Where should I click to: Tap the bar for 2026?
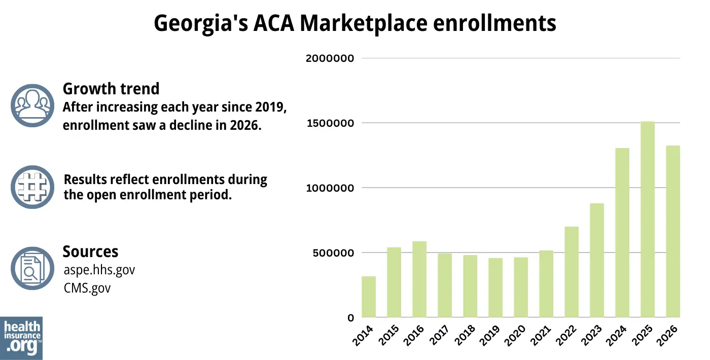pyautogui.click(x=673, y=232)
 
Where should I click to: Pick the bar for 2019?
pyautogui.click(x=495, y=287)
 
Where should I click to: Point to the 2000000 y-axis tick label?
pyautogui.click(x=329, y=58)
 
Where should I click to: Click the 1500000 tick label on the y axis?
pyautogui.click(x=329, y=123)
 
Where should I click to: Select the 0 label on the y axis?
pyautogui.click(x=350, y=318)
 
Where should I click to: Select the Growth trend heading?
pyautogui.click(x=111, y=89)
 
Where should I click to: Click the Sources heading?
pyautogui.click(x=90, y=251)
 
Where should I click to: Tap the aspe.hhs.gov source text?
pyautogui.click(x=99, y=270)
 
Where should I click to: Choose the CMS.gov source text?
pyautogui.click(x=87, y=288)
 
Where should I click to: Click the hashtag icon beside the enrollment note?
pyautogui.click(x=32, y=187)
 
